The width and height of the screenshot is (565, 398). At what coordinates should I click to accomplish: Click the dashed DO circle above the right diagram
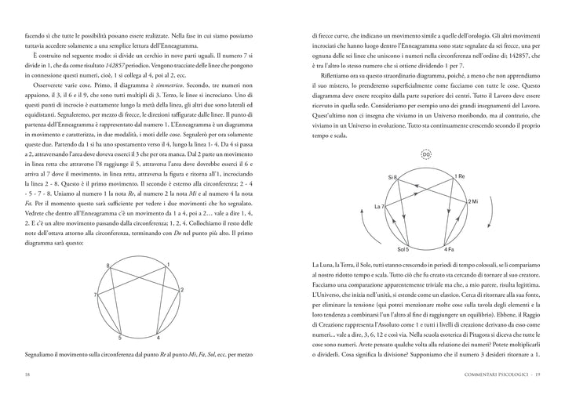click(426, 154)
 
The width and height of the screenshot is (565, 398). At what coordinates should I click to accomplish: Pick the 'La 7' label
click(378, 206)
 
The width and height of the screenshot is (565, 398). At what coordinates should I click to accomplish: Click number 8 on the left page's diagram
click(108, 267)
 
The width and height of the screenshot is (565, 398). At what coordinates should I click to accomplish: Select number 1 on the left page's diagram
click(169, 266)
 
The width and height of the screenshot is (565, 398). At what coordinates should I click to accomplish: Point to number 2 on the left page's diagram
click(182, 290)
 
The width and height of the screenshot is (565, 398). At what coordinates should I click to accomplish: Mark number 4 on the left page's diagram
click(158, 338)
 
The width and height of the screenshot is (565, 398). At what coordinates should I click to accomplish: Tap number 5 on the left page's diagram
click(119, 338)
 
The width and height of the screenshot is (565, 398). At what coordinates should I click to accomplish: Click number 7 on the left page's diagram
click(95, 295)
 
